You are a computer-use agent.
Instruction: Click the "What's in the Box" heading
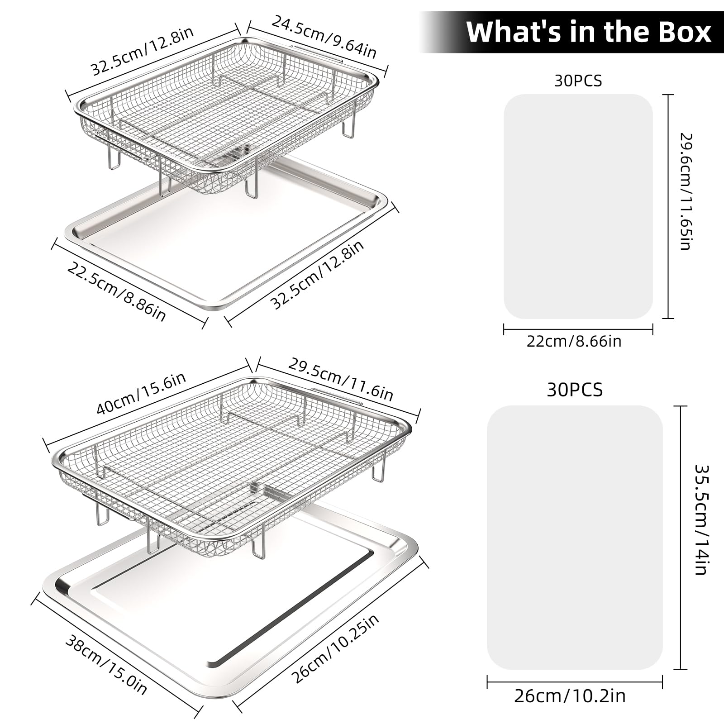(x=589, y=32)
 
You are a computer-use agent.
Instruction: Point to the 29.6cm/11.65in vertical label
(x=686, y=191)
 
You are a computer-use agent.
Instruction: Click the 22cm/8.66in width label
(x=574, y=341)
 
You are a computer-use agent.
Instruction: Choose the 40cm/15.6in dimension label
(x=141, y=393)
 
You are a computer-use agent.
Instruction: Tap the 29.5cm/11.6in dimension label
(x=341, y=380)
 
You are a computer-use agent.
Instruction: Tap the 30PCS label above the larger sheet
(x=575, y=390)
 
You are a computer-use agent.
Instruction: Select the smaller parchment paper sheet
(x=578, y=206)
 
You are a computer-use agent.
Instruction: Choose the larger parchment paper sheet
(x=575, y=538)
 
